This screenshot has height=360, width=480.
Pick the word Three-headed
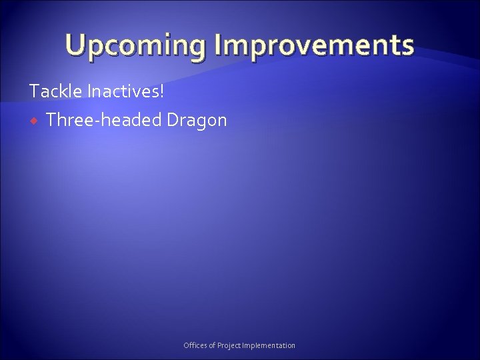(104, 121)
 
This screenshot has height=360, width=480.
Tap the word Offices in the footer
(195, 345)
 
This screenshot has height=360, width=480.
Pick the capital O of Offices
(186, 345)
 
